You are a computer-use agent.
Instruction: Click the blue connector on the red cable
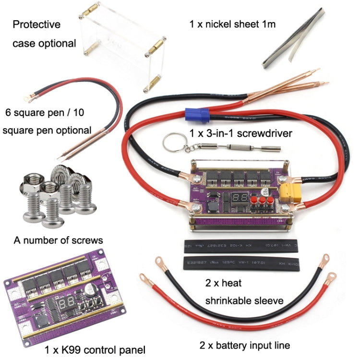coord(198,115)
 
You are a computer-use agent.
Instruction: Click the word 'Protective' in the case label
coord(36,24)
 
